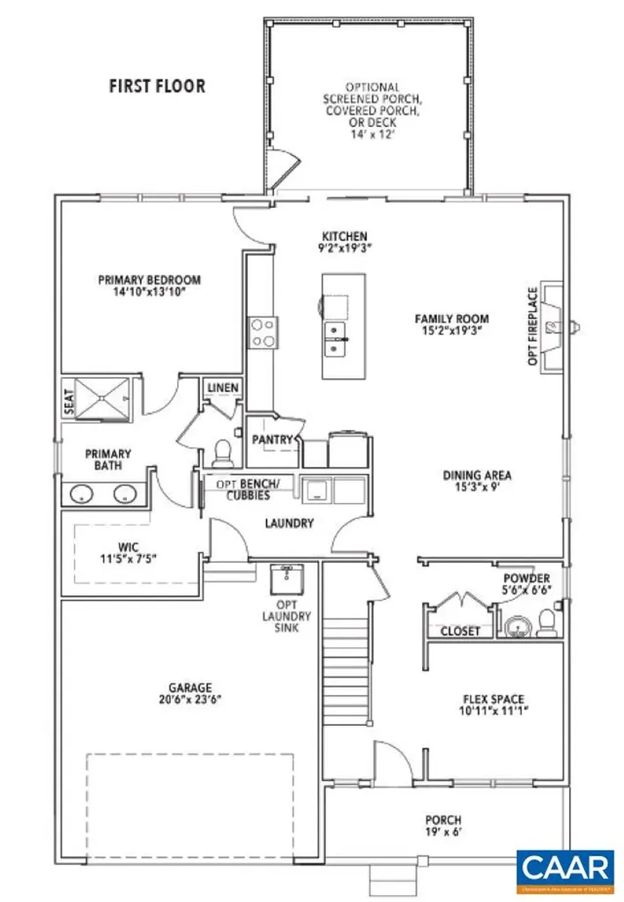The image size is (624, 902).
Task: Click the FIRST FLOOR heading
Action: pos(157,86)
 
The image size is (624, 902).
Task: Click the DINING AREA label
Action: pos(477,476)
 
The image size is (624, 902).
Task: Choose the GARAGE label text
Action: pos(191,687)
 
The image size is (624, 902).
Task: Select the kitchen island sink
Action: pos(335,339)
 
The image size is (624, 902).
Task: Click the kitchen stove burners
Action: pos(262,331)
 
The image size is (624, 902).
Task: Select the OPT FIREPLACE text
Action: pos(531,327)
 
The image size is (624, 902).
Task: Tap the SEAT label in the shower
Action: pos(68,402)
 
